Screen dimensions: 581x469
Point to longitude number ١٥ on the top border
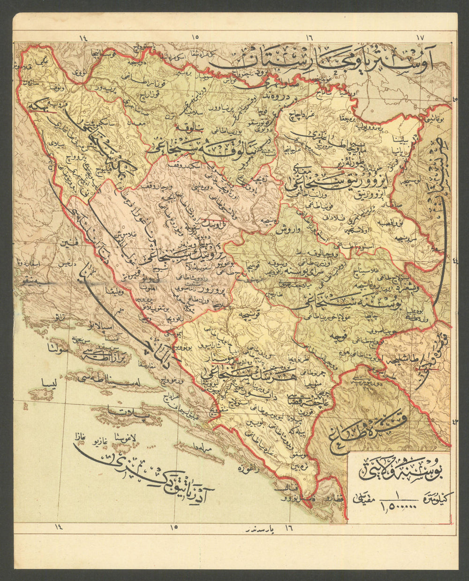(195, 37)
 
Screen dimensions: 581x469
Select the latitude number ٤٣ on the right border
(454, 421)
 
